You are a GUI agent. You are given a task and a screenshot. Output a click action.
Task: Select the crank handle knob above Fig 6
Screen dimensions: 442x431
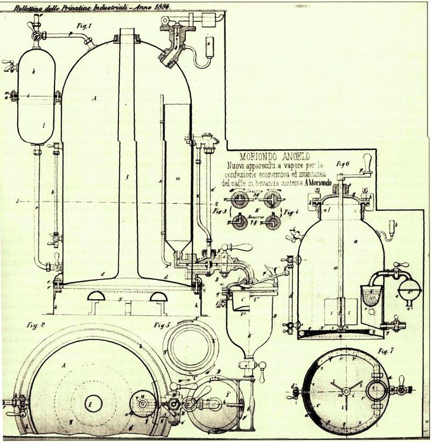[367, 161]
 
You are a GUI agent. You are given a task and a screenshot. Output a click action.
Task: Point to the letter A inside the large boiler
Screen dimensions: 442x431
[94, 99]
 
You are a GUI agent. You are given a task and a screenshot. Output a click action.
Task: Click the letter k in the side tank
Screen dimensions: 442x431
[36, 72]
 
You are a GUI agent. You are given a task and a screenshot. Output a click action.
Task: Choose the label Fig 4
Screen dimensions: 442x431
[290, 210]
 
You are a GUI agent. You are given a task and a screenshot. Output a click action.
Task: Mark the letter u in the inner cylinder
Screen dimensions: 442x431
[178, 177]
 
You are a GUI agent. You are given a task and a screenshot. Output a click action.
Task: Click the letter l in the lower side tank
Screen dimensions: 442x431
[35, 124]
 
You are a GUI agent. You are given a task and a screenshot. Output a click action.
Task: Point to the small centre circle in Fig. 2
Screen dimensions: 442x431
[93, 403]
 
